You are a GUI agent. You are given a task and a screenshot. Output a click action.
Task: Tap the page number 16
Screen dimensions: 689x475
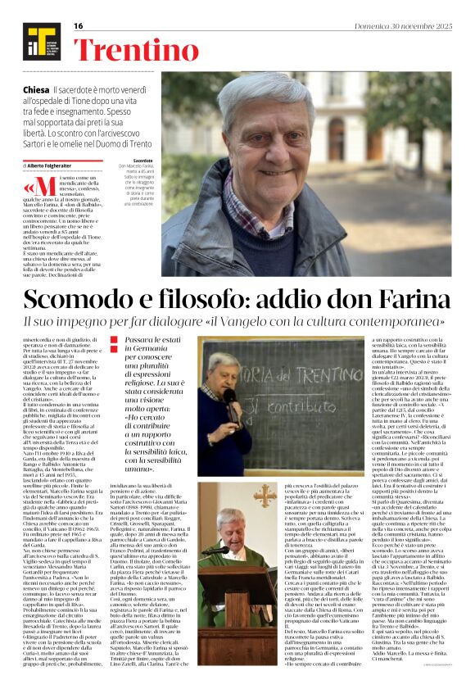coord(79,25)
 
